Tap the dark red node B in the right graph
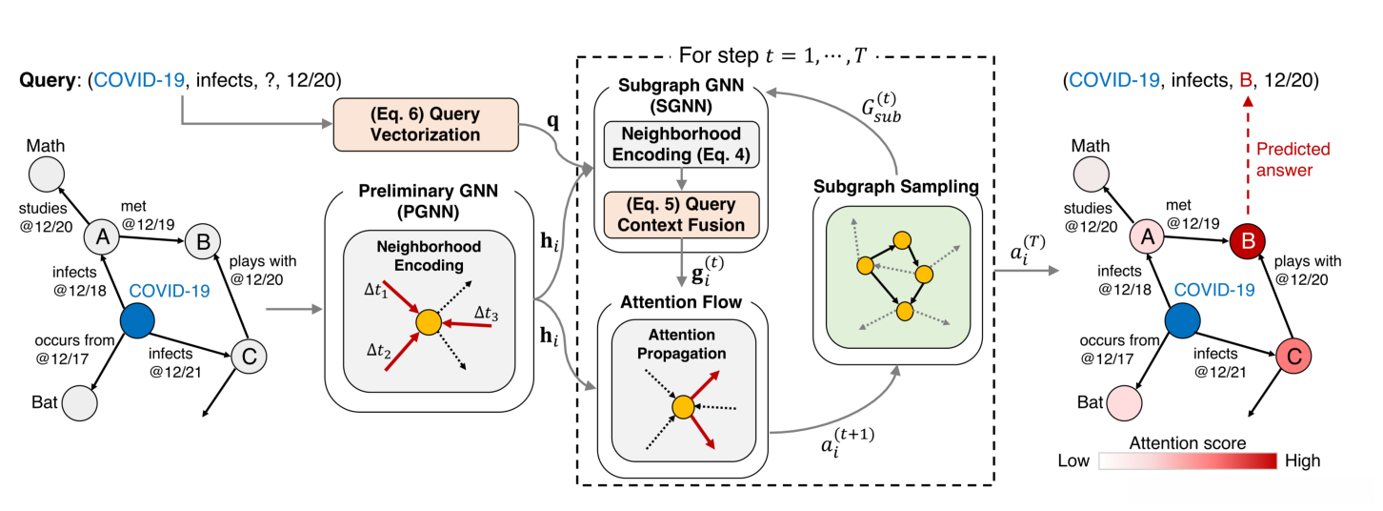point(1245,238)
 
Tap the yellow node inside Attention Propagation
point(682,408)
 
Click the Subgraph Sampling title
point(896,187)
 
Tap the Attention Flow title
point(682,307)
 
